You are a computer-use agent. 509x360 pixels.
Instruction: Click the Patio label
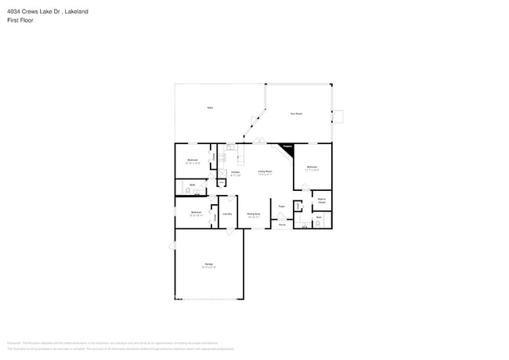click(x=210, y=107)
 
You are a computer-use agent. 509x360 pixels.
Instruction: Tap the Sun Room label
click(x=297, y=113)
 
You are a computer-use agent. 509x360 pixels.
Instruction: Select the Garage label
click(x=209, y=265)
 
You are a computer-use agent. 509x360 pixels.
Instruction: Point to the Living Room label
click(x=265, y=171)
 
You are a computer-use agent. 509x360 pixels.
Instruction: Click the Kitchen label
click(x=235, y=171)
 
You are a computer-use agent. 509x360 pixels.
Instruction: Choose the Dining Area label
click(x=253, y=213)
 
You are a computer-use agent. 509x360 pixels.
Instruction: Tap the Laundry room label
click(x=227, y=213)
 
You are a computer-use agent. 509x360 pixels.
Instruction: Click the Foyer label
click(x=281, y=207)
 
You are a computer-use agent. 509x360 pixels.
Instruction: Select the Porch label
click(x=282, y=225)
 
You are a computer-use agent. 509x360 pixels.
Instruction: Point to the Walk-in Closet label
click(x=321, y=201)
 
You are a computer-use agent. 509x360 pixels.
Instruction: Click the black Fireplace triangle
click(x=287, y=148)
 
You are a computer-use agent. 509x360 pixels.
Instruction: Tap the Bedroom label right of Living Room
click(x=312, y=167)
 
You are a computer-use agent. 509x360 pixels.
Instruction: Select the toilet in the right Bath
click(x=316, y=225)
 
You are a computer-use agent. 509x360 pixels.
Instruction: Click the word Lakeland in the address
click(x=75, y=12)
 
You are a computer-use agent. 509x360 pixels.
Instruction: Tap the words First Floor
click(x=20, y=20)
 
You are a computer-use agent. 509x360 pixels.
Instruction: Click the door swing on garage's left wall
click(x=171, y=247)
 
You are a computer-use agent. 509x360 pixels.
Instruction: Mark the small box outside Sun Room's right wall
click(x=338, y=117)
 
